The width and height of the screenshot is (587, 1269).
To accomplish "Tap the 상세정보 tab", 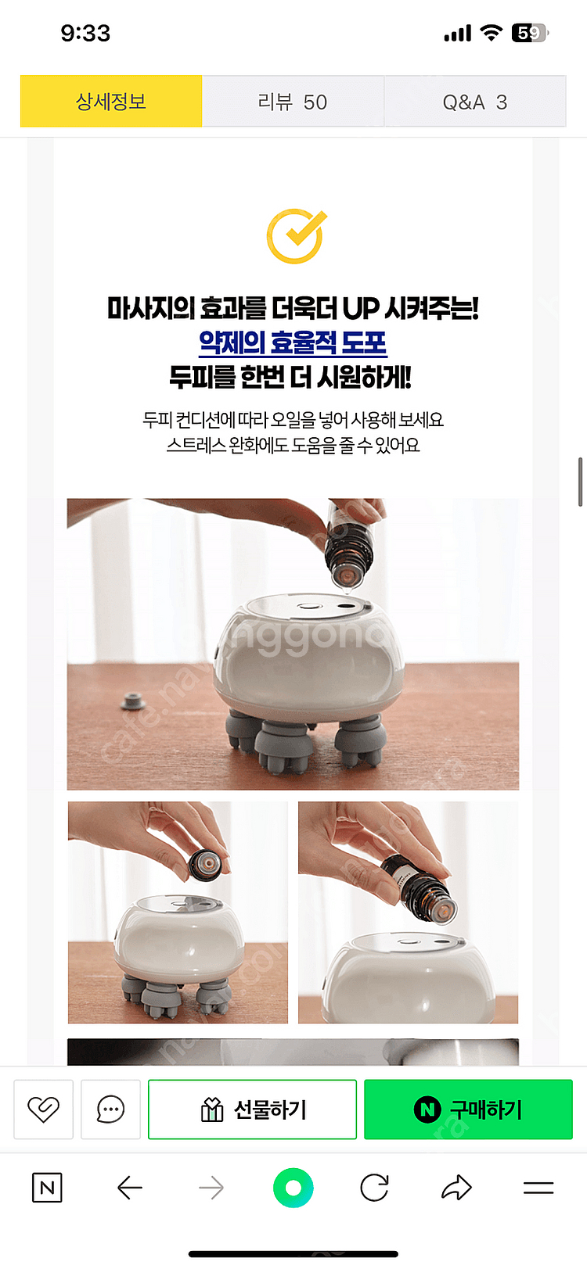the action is point(111,102).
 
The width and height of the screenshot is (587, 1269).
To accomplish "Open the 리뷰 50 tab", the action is point(293,102).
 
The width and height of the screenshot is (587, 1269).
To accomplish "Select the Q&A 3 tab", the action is point(475,102).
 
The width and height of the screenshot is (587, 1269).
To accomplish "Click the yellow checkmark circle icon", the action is point(297,236).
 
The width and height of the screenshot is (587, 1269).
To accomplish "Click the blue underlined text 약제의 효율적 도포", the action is point(293,342).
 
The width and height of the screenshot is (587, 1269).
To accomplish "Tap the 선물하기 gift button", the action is point(252,1109).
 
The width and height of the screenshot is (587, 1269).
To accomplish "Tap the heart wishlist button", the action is point(44,1109).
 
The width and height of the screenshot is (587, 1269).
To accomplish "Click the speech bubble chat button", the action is point(110,1109).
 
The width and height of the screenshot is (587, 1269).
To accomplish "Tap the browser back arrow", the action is point(130,1188).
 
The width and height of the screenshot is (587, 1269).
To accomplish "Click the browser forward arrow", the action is point(211,1188).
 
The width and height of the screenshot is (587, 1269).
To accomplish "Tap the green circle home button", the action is point(293,1188).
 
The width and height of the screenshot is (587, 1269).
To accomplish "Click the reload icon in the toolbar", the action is point(374,1188).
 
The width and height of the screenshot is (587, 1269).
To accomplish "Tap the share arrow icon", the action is point(456,1188).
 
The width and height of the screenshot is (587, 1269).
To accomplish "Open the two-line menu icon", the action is point(538,1188).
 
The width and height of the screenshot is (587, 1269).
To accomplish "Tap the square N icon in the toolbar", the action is point(47,1188).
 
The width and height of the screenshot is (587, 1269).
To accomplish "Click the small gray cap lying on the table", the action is point(133,701).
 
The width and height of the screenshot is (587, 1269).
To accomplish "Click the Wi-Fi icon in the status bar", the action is point(492,33).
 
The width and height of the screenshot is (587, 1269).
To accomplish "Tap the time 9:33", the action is point(85,34).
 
